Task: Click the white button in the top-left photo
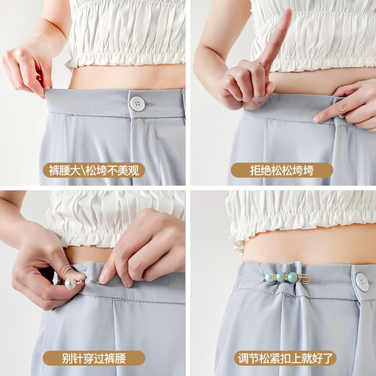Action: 137,103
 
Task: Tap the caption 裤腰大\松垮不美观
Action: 93,171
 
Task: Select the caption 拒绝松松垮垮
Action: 282,171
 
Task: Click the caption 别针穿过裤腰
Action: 93,358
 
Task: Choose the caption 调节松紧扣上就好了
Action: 282,358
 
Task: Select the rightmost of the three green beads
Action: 292,277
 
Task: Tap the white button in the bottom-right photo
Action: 362,281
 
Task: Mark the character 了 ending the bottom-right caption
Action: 325,358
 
